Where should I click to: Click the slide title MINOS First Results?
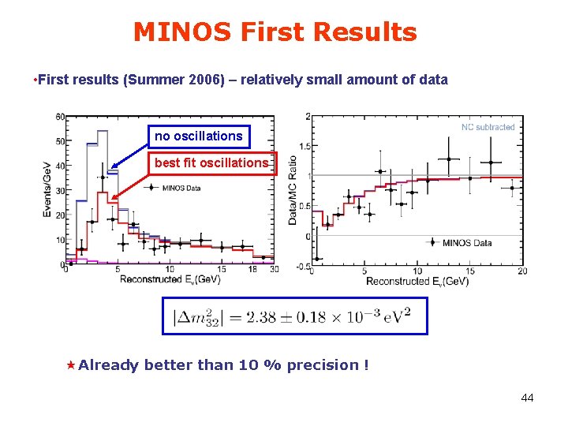click(x=275, y=32)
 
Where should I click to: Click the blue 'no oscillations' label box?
click(x=199, y=136)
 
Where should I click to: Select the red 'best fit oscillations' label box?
click(x=211, y=163)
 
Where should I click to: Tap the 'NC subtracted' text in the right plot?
click(x=488, y=127)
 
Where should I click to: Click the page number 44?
click(x=527, y=398)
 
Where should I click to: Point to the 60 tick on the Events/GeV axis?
click(x=60, y=118)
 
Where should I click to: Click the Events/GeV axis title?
click(x=48, y=190)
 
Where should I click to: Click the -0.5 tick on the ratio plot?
click(x=303, y=266)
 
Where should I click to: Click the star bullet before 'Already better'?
click(x=70, y=364)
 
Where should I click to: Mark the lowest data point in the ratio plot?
click(x=318, y=258)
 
